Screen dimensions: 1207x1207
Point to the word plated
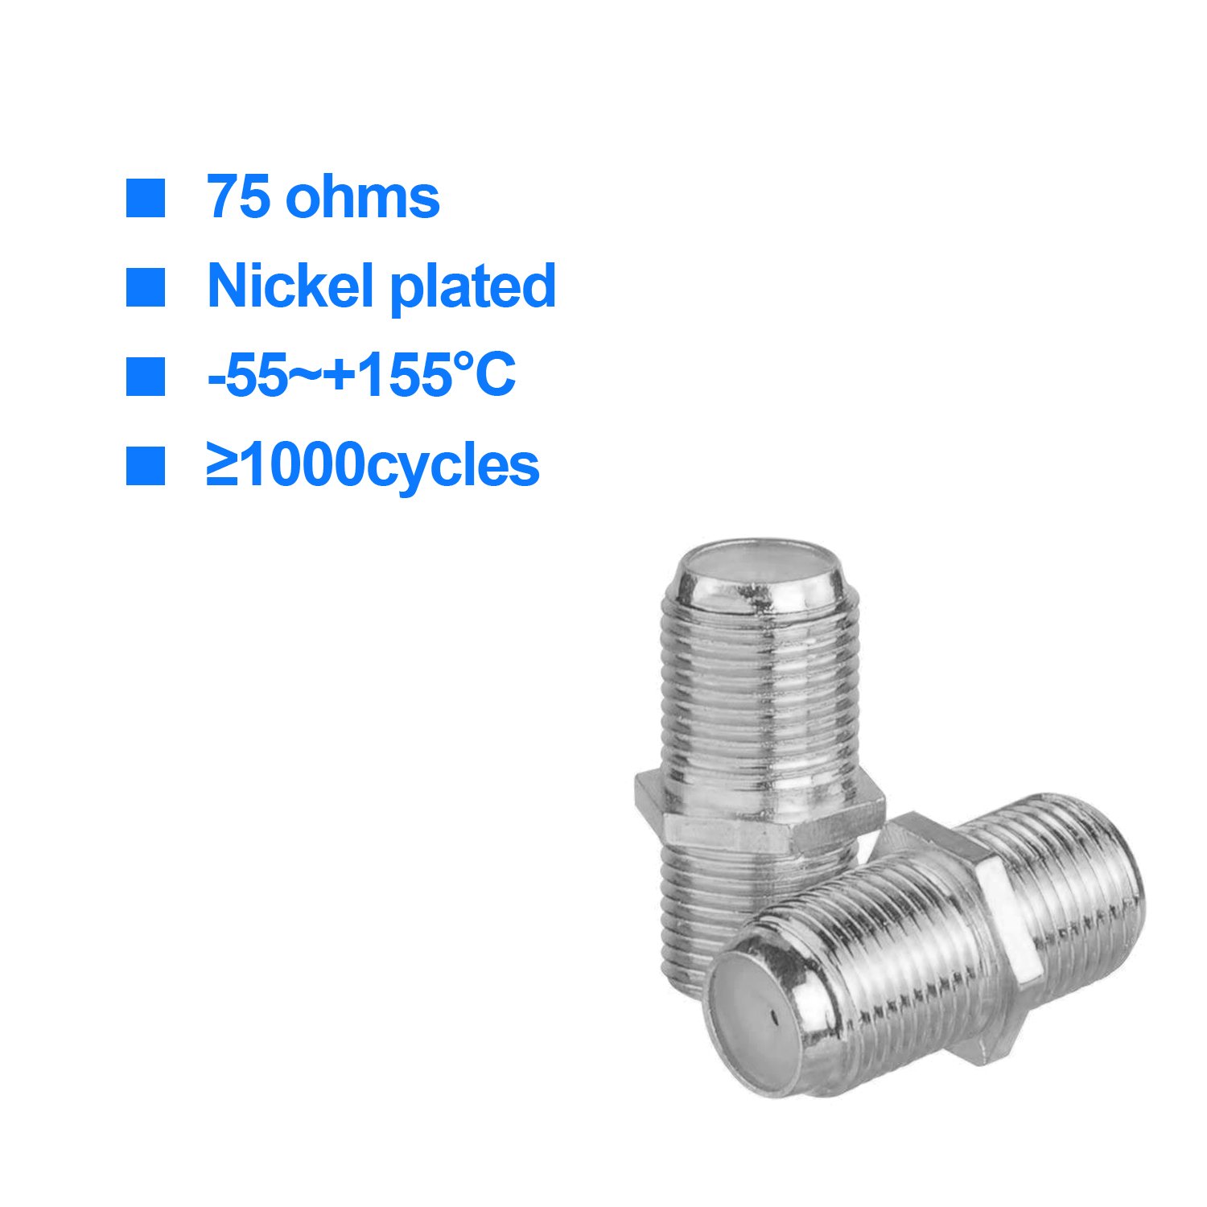click(473, 287)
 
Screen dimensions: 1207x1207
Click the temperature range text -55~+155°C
click(361, 376)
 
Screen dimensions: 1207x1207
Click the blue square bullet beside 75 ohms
click(146, 198)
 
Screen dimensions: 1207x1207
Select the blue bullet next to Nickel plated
click(146, 287)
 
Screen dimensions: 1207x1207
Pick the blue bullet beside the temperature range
click(146, 377)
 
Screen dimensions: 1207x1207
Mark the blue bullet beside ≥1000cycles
click(146, 466)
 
